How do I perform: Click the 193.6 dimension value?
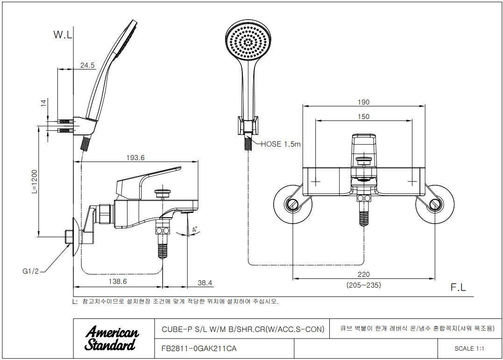135,158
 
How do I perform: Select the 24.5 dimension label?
87,65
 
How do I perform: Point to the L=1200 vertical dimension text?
34,181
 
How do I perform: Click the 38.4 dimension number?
205,283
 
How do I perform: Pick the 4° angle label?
194,229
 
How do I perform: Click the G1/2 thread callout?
30,271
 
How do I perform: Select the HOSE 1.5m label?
280,144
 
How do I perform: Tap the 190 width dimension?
363,102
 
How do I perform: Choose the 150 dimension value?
363,117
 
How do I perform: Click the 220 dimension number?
363,275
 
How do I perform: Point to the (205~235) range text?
363,285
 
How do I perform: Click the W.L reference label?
63,35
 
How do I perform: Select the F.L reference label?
458,288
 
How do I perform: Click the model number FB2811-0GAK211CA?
199,348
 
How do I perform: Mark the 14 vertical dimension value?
44,103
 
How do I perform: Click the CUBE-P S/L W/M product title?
242,329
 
